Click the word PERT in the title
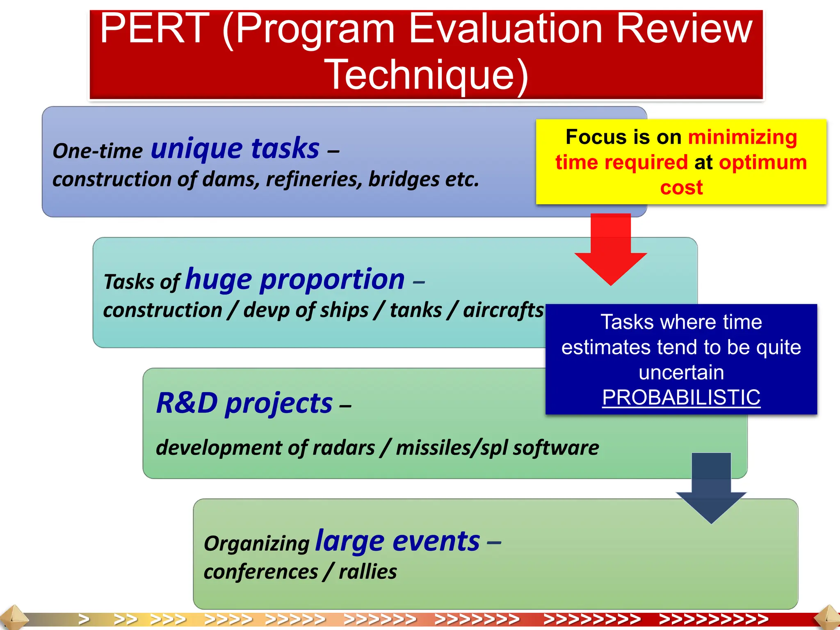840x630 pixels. (x=155, y=29)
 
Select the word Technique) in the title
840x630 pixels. (x=426, y=75)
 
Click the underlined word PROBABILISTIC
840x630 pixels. (x=681, y=397)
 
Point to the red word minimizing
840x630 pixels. (x=742, y=137)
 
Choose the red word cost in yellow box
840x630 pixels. (x=681, y=187)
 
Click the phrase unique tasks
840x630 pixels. (x=235, y=148)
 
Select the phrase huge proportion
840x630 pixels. (x=295, y=279)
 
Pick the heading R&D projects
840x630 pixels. (x=244, y=403)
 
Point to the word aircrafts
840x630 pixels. (x=503, y=310)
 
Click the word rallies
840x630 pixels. (x=368, y=572)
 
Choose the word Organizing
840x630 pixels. (x=257, y=544)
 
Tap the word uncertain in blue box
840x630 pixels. (x=681, y=372)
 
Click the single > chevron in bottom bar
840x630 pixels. (x=84, y=619)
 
